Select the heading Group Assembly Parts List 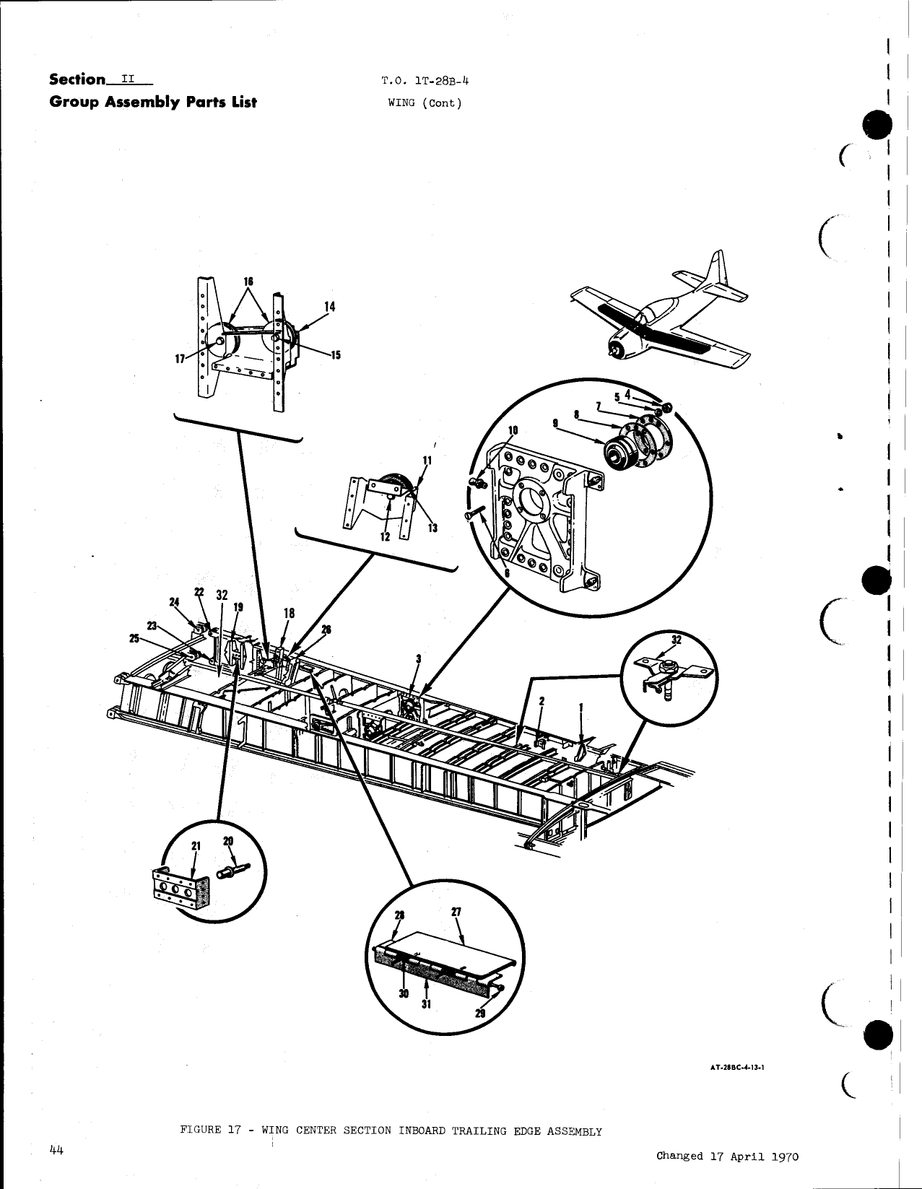(x=153, y=102)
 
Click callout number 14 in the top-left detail (x=329, y=306)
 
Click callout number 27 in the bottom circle (x=456, y=913)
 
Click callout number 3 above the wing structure (x=418, y=658)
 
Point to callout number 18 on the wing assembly (x=289, y=613)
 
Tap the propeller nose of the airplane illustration (x=614, y=349)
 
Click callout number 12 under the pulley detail (x=385, y=537)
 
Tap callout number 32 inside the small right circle (x=677, y=640)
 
